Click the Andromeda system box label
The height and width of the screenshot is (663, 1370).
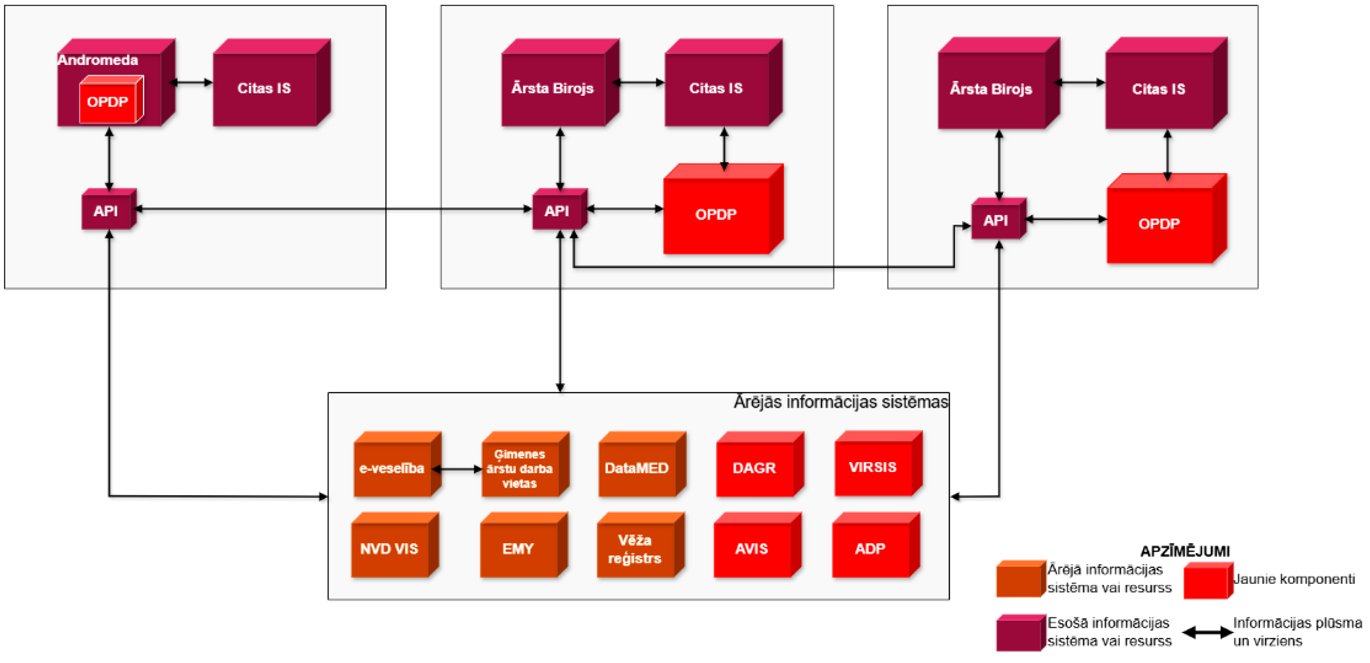98,60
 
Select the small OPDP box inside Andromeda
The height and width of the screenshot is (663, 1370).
109,102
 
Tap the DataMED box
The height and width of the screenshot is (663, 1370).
637,468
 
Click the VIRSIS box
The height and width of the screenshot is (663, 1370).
873,467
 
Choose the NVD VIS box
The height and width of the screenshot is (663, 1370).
389,549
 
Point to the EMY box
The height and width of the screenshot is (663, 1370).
519,549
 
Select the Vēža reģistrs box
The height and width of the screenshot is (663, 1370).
635,549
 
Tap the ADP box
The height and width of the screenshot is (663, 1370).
870,549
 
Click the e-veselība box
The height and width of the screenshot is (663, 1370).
392,468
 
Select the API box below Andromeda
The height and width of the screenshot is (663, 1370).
106,211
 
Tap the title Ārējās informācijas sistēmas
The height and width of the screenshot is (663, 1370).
840,402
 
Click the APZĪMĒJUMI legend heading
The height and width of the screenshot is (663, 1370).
1185,551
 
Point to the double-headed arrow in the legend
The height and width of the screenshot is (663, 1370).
1207,633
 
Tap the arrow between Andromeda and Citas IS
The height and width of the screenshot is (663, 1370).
191,82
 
